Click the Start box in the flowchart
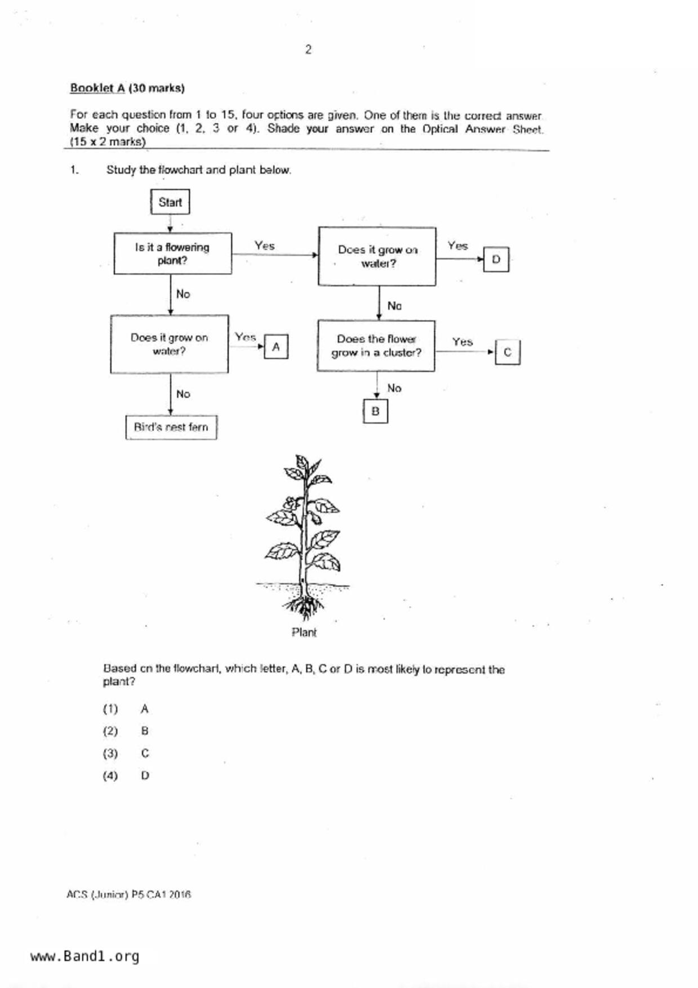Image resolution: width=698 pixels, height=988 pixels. pos(170,202)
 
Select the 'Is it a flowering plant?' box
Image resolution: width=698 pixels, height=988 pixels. pos(172,254)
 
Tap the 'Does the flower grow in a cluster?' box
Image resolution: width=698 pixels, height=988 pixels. pos(376,346)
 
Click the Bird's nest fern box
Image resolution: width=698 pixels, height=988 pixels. pos(171,428)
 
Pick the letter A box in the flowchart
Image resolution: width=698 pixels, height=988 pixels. pos(276,347)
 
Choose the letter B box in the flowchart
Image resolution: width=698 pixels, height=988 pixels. pos(375,411)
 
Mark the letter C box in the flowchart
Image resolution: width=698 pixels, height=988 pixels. pos(508,352)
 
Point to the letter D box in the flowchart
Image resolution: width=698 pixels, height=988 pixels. pos(496,259)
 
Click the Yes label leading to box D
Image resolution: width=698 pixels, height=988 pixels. pos(457,246)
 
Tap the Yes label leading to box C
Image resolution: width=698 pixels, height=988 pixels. pos(462,342)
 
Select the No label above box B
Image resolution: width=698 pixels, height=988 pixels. pos(394,388)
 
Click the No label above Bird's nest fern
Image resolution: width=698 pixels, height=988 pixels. pos(183,394)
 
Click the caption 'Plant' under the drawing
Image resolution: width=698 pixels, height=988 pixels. pos(304,633)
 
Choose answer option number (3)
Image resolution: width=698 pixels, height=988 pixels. pos(110,753)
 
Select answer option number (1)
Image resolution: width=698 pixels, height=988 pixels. pos(110,709)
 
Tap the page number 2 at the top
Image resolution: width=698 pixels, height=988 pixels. pos(308,50)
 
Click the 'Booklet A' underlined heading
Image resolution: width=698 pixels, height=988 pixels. pos(97,88)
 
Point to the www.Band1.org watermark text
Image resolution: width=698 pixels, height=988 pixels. pos(85,956)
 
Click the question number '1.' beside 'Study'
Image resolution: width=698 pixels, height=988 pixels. pos(74,170)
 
